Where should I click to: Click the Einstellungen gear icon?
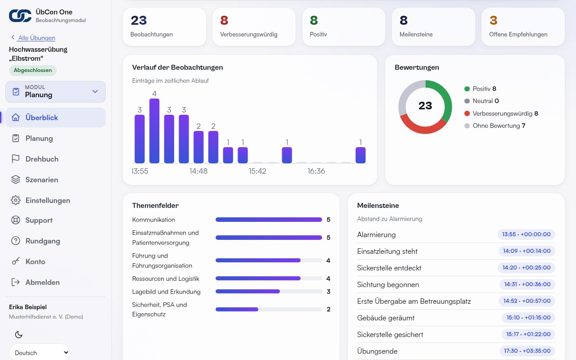(x=15, y=200)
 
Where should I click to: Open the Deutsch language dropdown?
(x=40, y=352)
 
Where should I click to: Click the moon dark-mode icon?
(x=18, y=334)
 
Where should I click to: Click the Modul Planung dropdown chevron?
(x=95, y=91)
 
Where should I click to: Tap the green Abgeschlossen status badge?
(x=33, y=70)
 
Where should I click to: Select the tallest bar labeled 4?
(x=154, y=130)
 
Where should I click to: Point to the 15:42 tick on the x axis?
(x=257, y=171)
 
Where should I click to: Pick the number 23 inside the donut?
(x=425, y=106)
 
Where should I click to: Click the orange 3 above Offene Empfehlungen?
(x=494, y=20)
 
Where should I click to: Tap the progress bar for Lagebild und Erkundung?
(x=269, y=292)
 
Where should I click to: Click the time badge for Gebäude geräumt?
(x=528, y=318)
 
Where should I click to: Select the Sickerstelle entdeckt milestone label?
(x=389, y=268)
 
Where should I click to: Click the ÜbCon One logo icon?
(x=20, y=16)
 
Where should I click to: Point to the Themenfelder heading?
(x=155, y=206)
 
